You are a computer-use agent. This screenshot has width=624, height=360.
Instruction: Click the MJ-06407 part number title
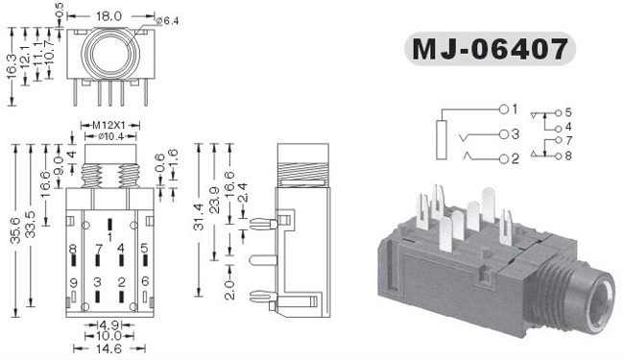(x=490, y=49)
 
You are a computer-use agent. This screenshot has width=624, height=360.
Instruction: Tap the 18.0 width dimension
(x=108, y=16)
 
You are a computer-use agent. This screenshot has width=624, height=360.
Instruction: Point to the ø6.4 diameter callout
(x=168, y=21)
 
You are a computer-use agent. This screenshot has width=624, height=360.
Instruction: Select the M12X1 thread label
(x=108, y=126)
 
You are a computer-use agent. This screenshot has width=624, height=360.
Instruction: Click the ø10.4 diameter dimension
(x=110, y=136)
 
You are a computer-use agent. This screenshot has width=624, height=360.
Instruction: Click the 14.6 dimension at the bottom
(x=108, y=348)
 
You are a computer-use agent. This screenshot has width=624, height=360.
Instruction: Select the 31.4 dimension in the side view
(x=199, y=217)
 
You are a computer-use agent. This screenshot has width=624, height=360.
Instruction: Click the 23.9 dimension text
(x=215, y=200)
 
